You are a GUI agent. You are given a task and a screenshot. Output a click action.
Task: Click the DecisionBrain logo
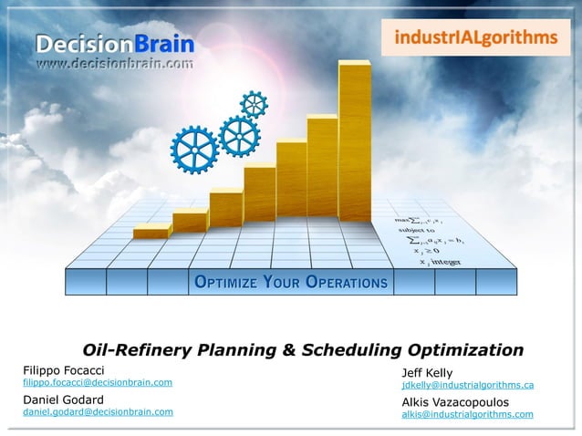115,43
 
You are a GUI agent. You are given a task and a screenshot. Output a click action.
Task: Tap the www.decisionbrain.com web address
115,64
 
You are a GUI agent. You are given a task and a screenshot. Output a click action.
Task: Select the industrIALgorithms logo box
475,37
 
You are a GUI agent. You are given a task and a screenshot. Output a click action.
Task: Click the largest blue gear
194,150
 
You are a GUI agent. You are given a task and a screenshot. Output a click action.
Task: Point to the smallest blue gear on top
254,104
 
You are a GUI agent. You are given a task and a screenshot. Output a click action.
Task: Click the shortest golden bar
151,233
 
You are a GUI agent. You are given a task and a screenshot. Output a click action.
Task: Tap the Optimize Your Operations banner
290,282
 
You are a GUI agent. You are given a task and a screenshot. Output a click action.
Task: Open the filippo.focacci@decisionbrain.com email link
98,383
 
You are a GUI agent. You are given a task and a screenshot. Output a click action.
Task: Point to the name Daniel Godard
63,399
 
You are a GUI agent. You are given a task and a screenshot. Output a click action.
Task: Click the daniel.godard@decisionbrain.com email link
98,412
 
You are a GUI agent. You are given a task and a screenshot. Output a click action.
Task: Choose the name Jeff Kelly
427,373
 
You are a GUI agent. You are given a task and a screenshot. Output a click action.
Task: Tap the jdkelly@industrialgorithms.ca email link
467,386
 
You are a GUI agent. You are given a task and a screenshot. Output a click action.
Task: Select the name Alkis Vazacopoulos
455,401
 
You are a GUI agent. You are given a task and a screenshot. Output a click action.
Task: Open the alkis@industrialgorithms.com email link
467,414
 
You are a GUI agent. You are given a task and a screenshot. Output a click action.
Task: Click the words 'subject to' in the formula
417,230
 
